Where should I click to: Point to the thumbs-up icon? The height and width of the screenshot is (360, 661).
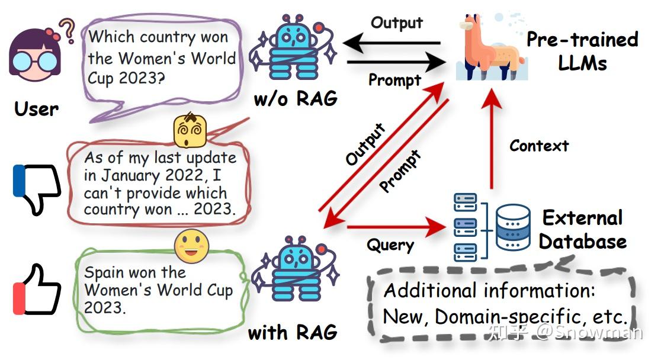[x=37, y=290]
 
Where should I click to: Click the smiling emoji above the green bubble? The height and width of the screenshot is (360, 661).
[x=191, y=246]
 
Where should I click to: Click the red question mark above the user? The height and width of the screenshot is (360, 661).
[x=69, y=31]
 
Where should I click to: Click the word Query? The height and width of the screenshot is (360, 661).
[x=390, y=245]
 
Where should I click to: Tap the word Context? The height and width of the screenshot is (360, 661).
[x=539, y=146]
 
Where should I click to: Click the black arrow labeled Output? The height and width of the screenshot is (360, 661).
[x=394, y=43]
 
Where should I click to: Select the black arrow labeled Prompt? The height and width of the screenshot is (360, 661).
[x=394, y=62]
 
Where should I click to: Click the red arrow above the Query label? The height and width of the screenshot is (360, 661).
[x=394, y=227]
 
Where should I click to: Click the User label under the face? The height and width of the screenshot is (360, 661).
[x=36, y=109]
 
